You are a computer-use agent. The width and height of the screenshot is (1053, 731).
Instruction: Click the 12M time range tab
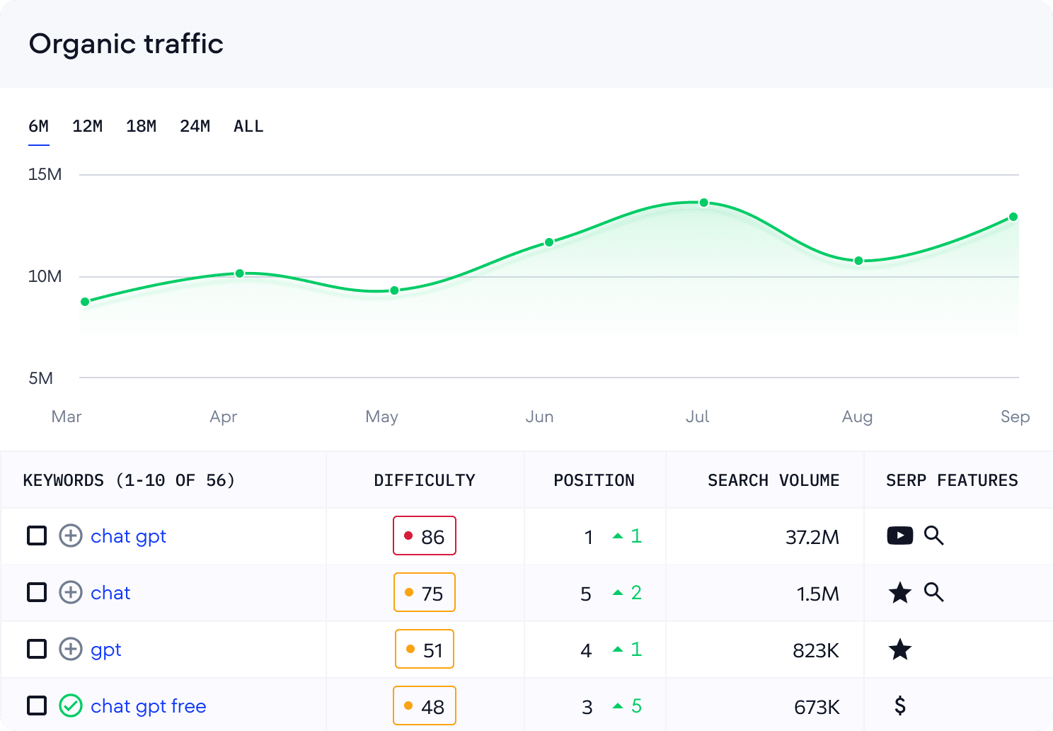pyautogui.click(x=87, y=127)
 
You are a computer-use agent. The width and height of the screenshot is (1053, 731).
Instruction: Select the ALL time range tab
pyautogui.click(x=248, y=127)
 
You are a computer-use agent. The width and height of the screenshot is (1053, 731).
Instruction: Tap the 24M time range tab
pyautogui.click(x=195, y=127)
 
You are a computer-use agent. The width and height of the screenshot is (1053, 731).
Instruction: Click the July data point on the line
pyautogui.click(x=703, y=203)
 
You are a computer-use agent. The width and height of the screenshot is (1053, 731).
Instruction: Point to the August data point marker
pyautogui.click(x=858, y=261)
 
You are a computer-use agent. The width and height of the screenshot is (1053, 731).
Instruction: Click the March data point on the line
pyautogui.click(x=85, y=302)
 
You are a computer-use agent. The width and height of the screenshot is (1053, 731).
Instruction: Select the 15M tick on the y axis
pyautogui.click(x=45, y=174)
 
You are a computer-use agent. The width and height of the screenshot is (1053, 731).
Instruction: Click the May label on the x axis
pyautogui.click(x=381, y=416)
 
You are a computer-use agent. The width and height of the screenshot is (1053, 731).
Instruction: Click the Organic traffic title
pyautogui.click(x=126, y=44)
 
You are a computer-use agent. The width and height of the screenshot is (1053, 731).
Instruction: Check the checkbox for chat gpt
pyautogui.click(x=37, y=535)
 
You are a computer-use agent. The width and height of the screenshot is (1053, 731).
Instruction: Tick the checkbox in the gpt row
pyautogui.click(x=37, y=649)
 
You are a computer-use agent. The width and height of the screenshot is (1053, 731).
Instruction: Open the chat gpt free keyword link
pyautogui.click(x=149, y=706)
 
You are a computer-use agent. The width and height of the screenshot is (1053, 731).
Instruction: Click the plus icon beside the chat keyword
pyautogui.click(x=70, y=592)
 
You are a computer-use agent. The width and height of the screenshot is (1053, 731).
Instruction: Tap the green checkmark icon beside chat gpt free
pyautogui.click(x=70, y=705)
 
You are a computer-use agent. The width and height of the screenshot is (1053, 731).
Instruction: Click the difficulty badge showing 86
pyautogui.click(x=425, y=536)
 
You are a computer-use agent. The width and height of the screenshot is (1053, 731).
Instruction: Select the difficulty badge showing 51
pyautogui.click(x=425, y=650)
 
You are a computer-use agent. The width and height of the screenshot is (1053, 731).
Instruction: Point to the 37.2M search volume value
pyautogui.click(x=812, y=537)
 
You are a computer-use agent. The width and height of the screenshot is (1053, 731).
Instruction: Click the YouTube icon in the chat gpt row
pyautogui.click(x=899, y=535)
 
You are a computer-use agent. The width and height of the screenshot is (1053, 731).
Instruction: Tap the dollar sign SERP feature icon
pyautogui.click(x=899, y=705)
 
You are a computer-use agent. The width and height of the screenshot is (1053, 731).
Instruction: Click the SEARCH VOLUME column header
pyautogui.click(x=773, y=480)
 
